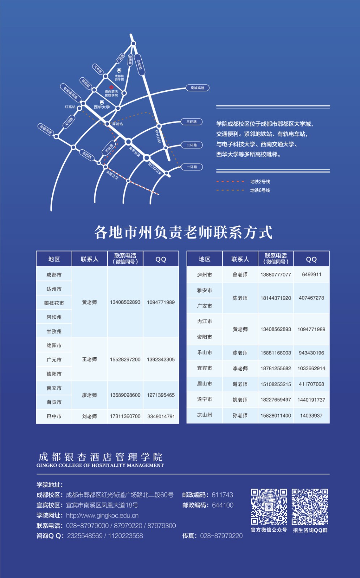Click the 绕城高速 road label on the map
coord(197,88)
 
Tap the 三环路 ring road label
coord(192,122)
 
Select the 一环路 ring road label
coord(192,167)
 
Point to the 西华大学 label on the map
coord(102,107)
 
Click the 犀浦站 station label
coord(117,124)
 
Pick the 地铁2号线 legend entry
coord(260,182)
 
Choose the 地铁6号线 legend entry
coord(260,190)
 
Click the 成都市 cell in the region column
coord(54,275)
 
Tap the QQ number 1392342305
coord(161,359)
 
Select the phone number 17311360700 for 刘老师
coord(125,416)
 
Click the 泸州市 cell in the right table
coord(205,275)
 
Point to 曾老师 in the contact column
coord(240,275)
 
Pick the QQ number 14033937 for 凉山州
coord(311,415)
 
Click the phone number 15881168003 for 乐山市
coord(276,353)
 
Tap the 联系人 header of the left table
coord(90,259)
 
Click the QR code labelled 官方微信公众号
coord(269,507)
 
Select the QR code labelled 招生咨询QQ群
coord(310,507)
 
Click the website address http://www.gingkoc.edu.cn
coord(102,516)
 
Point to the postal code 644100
coord(223,505)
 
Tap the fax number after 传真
coord(221,536)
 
